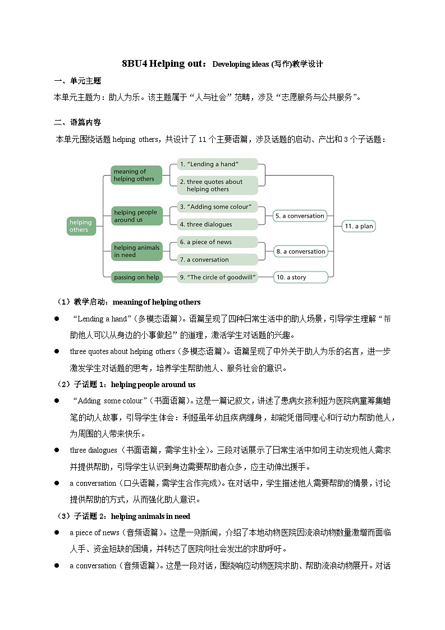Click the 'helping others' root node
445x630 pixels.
tap(81, 226)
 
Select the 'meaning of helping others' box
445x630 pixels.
tap(136, 175)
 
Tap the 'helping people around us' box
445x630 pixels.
tap(136, 216)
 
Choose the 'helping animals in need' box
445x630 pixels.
tap(136, 251)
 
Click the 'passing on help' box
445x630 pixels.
tap(136, 277)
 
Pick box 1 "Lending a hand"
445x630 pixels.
tap(217, 164)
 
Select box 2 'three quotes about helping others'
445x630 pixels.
tap(217, 185)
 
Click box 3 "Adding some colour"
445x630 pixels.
tap(217, 207)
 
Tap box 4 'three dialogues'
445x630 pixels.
tap(217, 224)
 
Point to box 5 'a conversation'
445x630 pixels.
tap(300, 216)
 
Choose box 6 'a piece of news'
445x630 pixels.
tap(217, 242)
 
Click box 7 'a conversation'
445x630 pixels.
tap(217, 260)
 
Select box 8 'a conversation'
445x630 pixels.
tap(300, 251)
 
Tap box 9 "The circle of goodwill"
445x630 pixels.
tap(217, 277)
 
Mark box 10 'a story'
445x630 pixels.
tap(300, 277)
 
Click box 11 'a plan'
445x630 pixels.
tap(359, 226)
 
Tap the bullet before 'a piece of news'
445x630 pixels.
tap(57, 532)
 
